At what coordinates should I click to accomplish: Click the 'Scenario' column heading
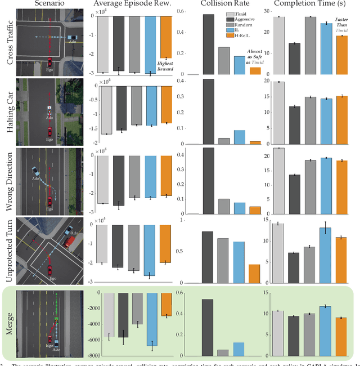pos(51,5)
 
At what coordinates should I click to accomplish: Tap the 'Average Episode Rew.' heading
pos(132,5)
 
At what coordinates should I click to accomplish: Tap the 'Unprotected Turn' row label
pos(10,249)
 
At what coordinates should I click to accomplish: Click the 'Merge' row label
pos(10,322)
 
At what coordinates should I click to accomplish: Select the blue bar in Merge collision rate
pos(239,349)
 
